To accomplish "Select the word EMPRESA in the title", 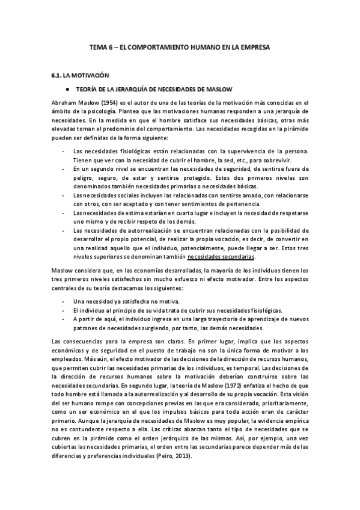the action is pyautogui.click(x=252, y=46).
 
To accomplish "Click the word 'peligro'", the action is pyautogui.click(x=83, y=178).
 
